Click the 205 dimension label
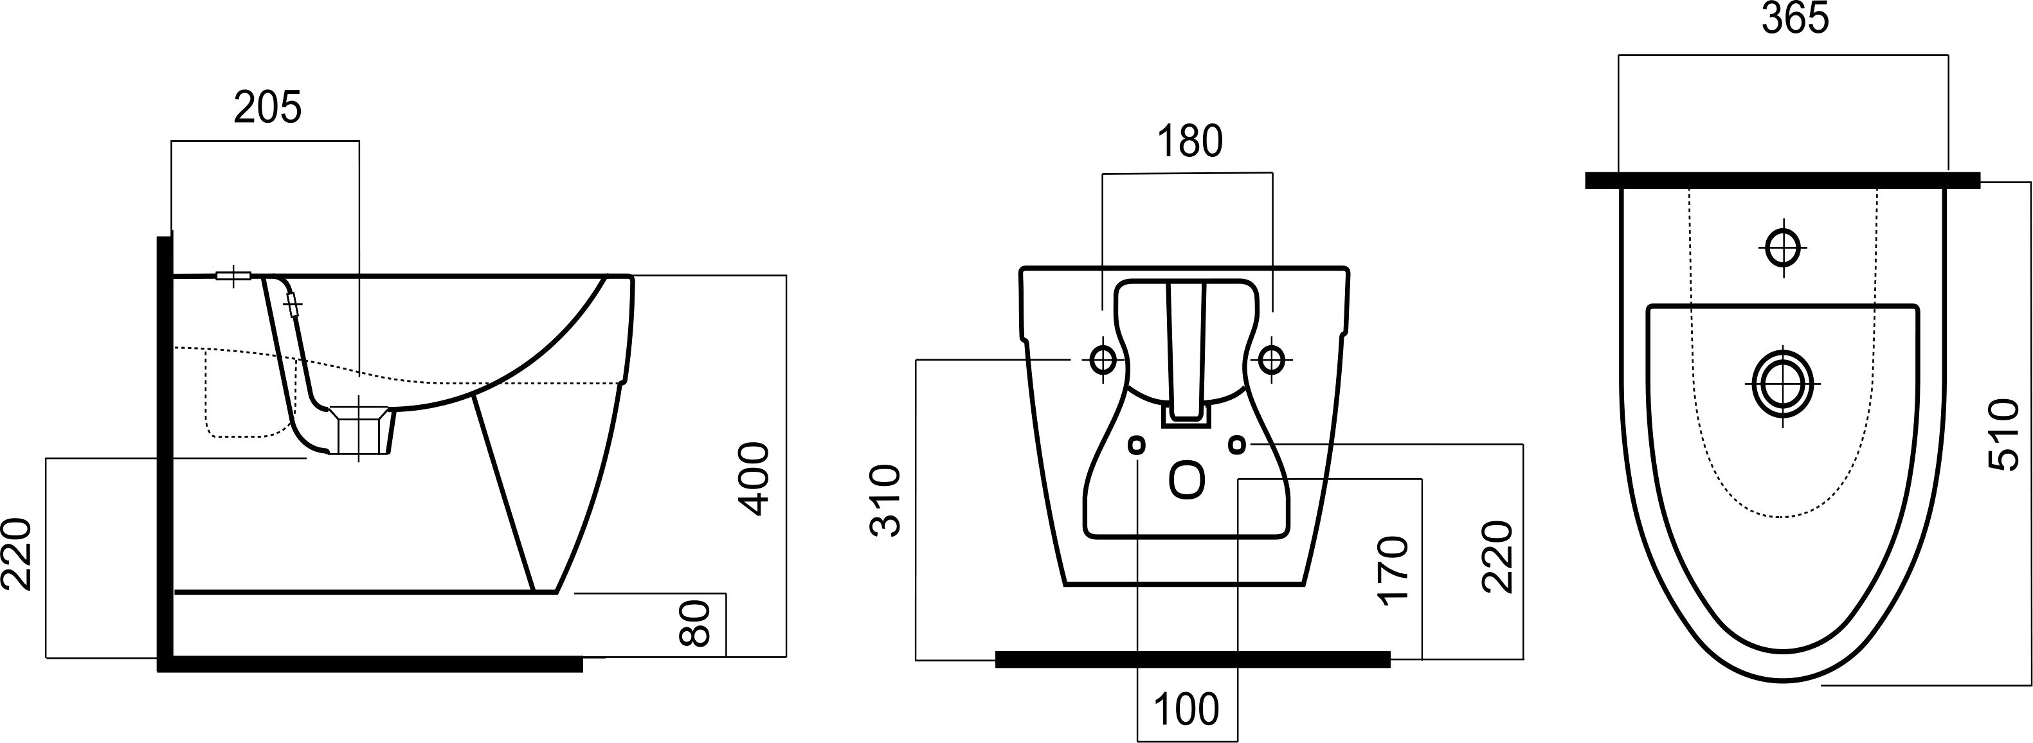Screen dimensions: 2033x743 (267, 108)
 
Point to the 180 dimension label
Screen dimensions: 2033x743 (1189, 141)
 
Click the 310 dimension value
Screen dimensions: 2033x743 (885, 501)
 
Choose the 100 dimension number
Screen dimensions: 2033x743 (1186, 709)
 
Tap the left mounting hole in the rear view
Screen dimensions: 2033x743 (1103, 360)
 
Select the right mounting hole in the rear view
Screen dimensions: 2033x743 (1270, 360)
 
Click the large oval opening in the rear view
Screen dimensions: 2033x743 (1187, 482)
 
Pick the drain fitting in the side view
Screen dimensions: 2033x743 (360, 430)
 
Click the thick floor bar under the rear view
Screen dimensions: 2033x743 (1193, 659)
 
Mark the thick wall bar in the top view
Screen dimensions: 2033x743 (1783, 181)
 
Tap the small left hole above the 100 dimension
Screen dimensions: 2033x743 (1137, 445)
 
